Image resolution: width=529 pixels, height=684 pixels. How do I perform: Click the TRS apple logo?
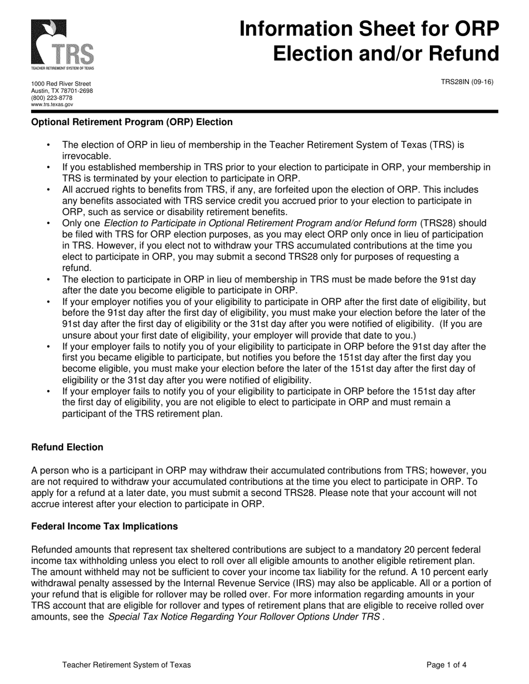pyautogui.click(x=62, y=44)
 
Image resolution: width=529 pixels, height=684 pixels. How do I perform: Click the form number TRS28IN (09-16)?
pyautogui.click(x=467, y=82)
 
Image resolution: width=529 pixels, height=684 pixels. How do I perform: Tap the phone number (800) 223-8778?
pyautogui.click(x=52, y=97)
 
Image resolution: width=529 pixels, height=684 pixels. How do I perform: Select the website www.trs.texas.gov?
pyautogui.click(x=52, y=104)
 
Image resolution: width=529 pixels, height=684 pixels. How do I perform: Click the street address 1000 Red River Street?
pyautogui.click(x=61, y=84)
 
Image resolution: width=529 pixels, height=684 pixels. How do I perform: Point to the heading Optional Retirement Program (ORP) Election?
pyautogui.click(x=132, y=122)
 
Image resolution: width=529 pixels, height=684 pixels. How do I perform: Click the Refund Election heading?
pyautogui.click(x=67, y=447)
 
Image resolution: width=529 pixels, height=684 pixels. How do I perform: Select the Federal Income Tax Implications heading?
pyautogui.click(x=105, y=526)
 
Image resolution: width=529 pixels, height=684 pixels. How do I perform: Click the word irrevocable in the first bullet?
pyautogui.click(x=87, y=156)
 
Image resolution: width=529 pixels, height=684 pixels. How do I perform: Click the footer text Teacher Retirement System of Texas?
pyautogui.click(x=126, y=665)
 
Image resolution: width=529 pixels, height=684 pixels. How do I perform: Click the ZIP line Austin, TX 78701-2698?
pyautogui.click(x=62, y=91)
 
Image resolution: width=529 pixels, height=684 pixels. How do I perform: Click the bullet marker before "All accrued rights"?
pyautogui.click(x=49, y=190)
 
